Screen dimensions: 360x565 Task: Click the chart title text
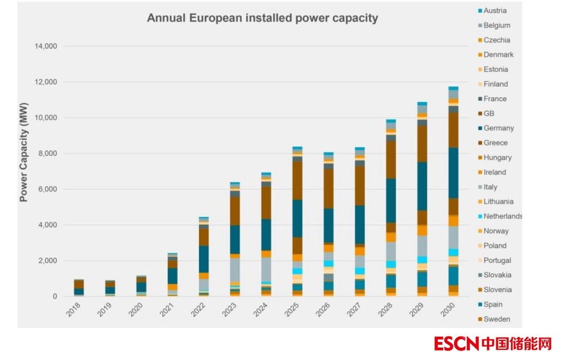tap(262, 18)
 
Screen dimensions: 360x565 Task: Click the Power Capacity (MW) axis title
tap(24, 152)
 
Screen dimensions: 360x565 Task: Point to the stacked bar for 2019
tap(110, 288)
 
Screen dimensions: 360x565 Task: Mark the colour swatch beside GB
tap(479, 114)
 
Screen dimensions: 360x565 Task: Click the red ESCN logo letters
tap(456, 344)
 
